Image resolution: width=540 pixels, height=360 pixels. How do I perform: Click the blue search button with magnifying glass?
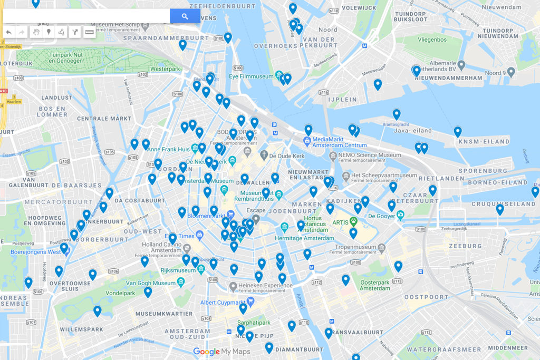(185, 16)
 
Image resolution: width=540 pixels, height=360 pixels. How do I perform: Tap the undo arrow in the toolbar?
(9, 33)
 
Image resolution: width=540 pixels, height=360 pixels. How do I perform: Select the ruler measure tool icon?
(89, 33)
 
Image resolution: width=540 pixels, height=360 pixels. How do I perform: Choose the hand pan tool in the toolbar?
(36, 33)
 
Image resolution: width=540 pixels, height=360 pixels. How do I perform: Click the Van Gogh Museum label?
(150, 283)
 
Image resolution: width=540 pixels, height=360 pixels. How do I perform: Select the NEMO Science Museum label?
(371, 155)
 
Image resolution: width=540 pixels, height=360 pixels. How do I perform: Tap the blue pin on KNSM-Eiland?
(458, 132)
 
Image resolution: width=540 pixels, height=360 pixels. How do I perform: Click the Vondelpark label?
(121, 293)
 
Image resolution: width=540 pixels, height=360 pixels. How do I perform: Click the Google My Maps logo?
(221, 352)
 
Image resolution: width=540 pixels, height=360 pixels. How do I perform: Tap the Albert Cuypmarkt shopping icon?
(250, 302)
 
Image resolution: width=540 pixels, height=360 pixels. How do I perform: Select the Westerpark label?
(165, 69)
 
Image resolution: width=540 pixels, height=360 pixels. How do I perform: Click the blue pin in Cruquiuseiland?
(499, 209)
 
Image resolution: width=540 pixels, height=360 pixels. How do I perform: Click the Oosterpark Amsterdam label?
(375, 285)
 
